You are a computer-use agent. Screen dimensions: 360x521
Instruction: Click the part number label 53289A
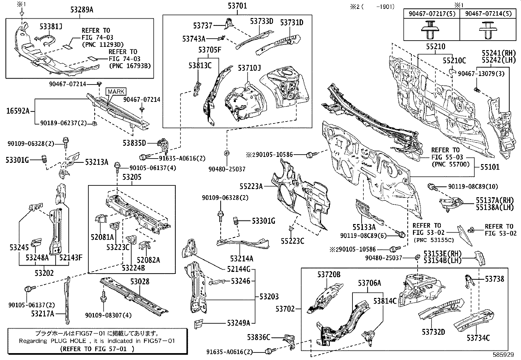(x=82, y=10)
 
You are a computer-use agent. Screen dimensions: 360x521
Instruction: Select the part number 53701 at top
(x=237, y=6)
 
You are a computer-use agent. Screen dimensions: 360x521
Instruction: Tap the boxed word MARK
(x=116, y=91)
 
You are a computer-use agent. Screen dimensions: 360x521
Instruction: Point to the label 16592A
(x=17, y=111)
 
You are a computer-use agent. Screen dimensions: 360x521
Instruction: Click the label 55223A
(x=251, y=186)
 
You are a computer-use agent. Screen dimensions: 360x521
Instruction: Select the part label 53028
(x=140, y=281)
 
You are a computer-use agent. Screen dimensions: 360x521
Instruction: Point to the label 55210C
(x=454, y=61)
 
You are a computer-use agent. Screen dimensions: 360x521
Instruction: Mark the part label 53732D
(x=433, y=332)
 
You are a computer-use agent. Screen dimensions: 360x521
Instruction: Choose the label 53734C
(x=478, y=337)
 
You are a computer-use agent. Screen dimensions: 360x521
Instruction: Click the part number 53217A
(x=43, y=313)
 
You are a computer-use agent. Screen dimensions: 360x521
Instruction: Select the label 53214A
(x=242, y=258)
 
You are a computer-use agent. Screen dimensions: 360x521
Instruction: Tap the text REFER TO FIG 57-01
(x=97, y=349)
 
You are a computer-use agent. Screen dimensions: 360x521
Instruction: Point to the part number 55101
(x=490, y=167)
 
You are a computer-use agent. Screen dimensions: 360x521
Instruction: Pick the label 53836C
(x=259, y=337)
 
